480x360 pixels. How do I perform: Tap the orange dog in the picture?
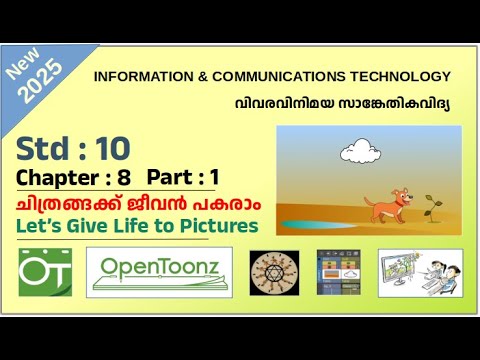(384, 205)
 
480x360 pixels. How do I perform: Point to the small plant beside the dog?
(432, 207)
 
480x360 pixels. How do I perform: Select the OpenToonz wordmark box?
(159, 271)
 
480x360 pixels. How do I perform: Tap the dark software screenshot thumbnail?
(338, 271)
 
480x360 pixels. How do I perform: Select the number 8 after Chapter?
(125, 178)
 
